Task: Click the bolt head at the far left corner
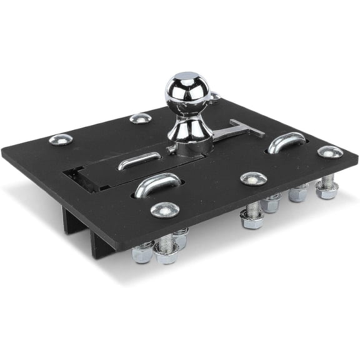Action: [x=61, y=139]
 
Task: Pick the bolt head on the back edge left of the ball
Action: [x=140, y=118]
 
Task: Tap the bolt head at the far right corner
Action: [x=329, y=151]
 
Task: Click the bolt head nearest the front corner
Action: [x=164, y=209]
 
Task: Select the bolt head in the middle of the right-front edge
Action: [x=254, y=178]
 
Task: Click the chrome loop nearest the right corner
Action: [x=287, y=142]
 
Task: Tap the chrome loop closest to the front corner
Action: [x=156, y=186]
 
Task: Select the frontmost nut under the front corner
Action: [x=167, y=254]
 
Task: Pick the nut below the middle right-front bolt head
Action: [x=252, y=219]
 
